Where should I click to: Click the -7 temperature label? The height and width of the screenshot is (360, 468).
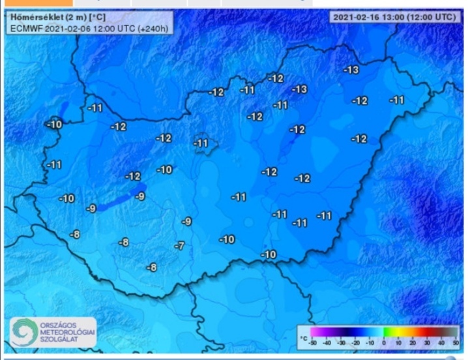click(181, 246)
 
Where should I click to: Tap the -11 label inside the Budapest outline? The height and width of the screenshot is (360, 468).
click(201, 143)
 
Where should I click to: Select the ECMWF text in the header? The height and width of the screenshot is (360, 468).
click(25, 28)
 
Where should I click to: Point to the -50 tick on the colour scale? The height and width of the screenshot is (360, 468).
click(313, 342)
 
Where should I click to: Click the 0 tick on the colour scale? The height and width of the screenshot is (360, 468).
click(384, 342)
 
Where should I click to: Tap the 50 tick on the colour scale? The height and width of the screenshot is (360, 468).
click(456, 342)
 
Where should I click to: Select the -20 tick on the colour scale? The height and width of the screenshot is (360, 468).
click(355, 342)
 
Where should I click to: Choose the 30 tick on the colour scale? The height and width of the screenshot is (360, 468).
click(427, 342)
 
